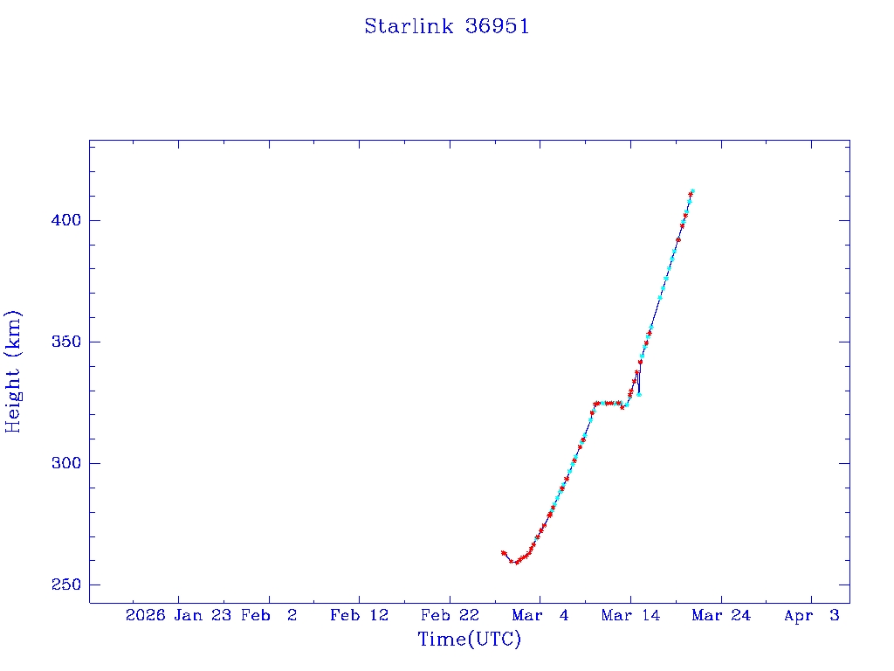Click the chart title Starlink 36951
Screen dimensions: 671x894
(x=447, y=26)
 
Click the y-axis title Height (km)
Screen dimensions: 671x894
(x=14, y=370)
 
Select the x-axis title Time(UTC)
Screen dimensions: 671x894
(x=470, y=640)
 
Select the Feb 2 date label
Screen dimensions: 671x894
(x=269, y=615)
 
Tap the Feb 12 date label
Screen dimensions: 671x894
(x=359, y=615)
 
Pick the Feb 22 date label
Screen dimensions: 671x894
(x=450, y=615)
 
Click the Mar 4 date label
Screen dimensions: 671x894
(x=540, y=615)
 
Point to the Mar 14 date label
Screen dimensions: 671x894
(x=630, y=615)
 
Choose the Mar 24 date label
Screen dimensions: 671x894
(x=721, y=615)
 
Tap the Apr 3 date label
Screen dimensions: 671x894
(x=811, y=615)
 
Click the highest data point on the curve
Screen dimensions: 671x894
(x=692, y=190)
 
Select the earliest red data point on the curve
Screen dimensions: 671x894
(x=504, y=553)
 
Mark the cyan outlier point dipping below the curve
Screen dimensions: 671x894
(x=639, y=394)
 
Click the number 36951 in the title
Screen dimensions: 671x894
(x=498, y=26)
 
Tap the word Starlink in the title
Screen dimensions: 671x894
(x=409, y=26)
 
